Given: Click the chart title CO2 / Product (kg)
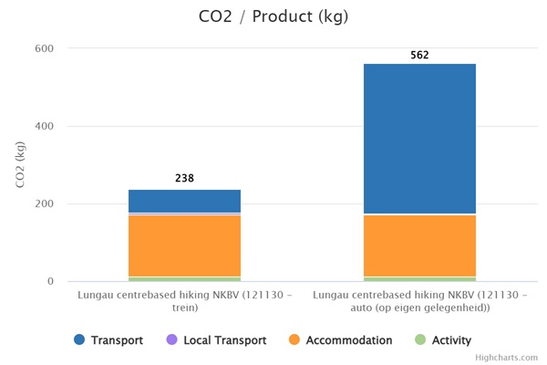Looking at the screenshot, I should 273,16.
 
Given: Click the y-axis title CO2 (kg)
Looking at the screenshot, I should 21,165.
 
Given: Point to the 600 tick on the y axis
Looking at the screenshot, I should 44,48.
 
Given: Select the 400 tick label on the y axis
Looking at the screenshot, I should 44,126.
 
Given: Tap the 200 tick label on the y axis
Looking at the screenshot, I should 44,204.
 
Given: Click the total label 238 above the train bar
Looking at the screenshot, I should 185,179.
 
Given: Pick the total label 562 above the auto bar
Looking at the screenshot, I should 419,55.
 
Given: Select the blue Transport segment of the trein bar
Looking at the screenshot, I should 185,201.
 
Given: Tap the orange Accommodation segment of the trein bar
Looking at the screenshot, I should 185,245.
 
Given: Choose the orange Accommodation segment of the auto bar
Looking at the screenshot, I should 419,245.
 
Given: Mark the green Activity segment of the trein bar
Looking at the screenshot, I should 185,278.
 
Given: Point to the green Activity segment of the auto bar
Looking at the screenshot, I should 419,278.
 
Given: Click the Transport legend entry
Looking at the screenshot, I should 108,340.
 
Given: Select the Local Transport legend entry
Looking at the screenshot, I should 216,340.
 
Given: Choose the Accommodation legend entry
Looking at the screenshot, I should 340,340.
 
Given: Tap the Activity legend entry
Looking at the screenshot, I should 443,340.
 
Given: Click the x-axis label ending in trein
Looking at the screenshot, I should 185,302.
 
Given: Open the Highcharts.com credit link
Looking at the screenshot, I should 509,358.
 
